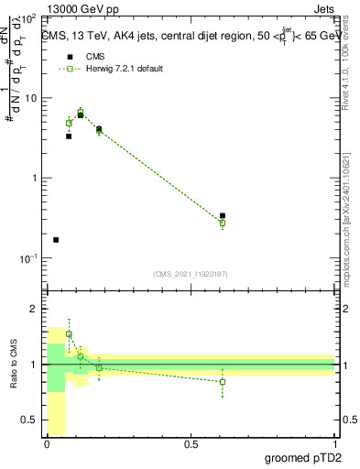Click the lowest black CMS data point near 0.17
click(56, 240)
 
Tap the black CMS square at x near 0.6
click(223, 216)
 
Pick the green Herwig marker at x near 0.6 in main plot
click(223, 223)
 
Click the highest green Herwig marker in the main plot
click(81, 112)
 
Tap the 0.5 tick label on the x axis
click(191, 444)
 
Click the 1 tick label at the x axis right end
click(334, 444)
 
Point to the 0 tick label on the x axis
click(47, 444)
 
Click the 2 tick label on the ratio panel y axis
click(34, 310)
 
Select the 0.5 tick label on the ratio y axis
click(29, 420)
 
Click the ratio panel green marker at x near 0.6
click(223, 382)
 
